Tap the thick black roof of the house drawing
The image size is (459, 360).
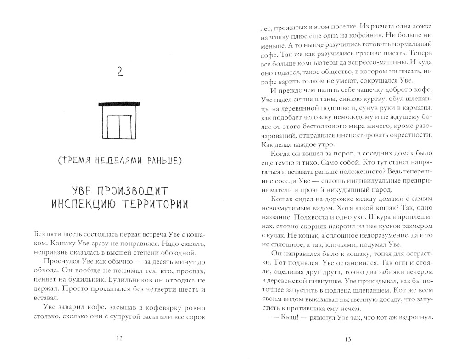click(118, 105)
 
